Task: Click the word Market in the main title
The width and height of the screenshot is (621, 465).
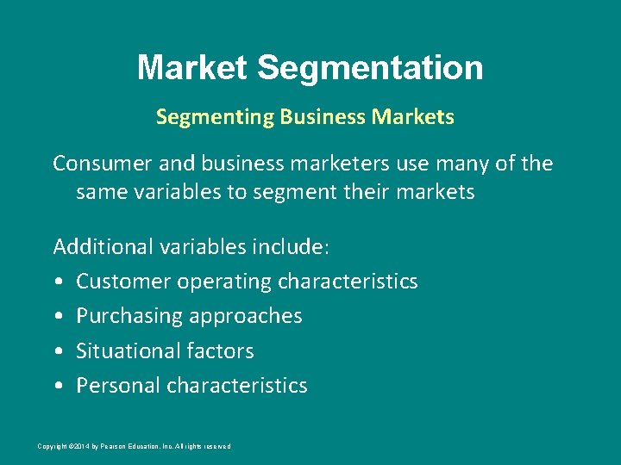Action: (x=191, y=67)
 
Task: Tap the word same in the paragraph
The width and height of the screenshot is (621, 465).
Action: (x=98, y=191)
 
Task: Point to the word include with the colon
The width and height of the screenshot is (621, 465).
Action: (x=291, y=247)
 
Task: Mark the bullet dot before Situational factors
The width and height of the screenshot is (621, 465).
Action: (x=57, y=352)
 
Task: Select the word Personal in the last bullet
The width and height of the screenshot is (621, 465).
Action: (x=118, y=386)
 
